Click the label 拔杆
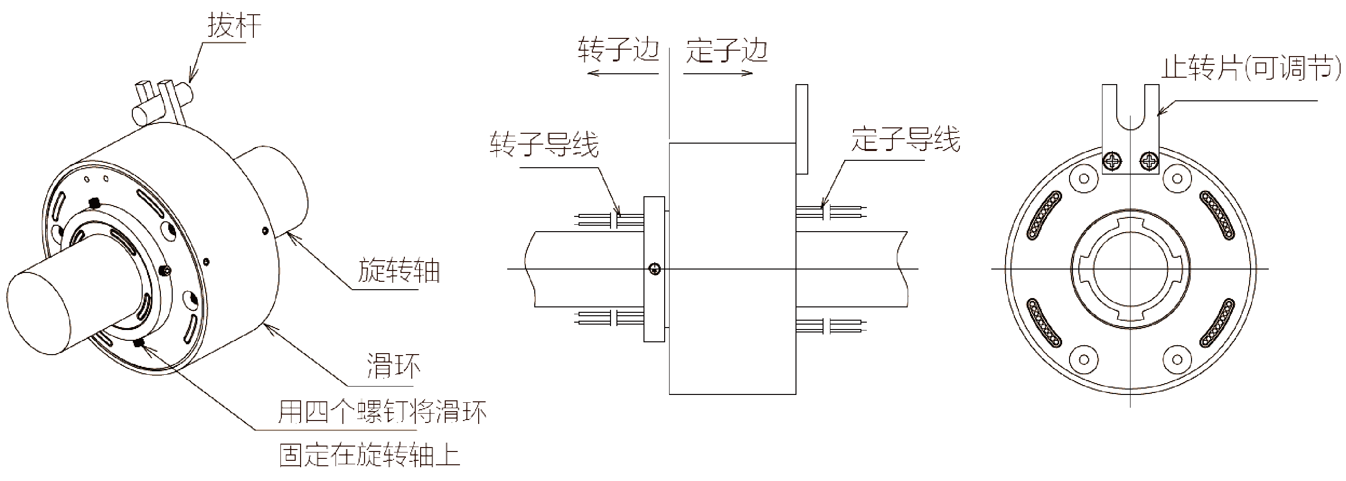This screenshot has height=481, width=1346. [234, 26]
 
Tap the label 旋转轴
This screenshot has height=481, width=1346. [398, 271]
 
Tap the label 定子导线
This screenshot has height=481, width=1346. [906, 139]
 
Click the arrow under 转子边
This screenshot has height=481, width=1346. [622, 73]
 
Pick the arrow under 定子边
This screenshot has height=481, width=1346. [718, 73]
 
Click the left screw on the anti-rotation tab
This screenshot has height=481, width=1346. [1112, 160]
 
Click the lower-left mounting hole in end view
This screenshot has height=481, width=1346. [1084, 360]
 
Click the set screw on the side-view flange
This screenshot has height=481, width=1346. [655, 270]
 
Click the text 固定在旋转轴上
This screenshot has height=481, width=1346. [370, 455]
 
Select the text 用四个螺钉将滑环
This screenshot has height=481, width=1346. [382, 412]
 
